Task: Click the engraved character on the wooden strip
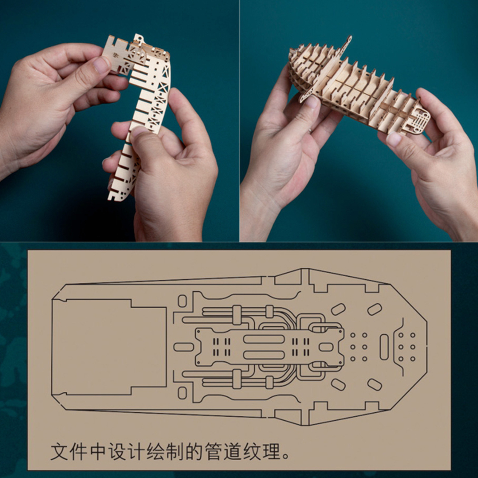pyautogui.click(x=115, y=54)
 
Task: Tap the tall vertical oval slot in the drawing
pyautogui.click(x=384, y=347)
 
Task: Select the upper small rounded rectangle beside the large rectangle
pyautogui.click(x=182, y=301)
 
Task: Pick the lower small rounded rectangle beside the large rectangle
pyautogui.click(x=182, y=393)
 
